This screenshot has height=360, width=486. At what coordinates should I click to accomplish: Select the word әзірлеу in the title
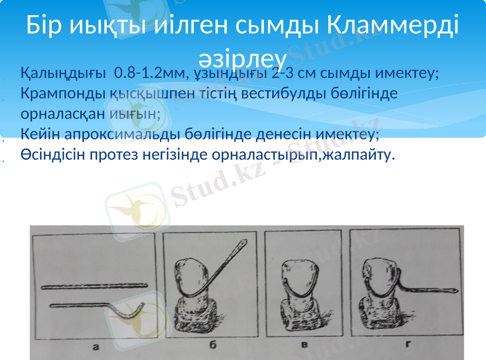(242, 56)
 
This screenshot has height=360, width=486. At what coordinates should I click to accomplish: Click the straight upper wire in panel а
(94, 285)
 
